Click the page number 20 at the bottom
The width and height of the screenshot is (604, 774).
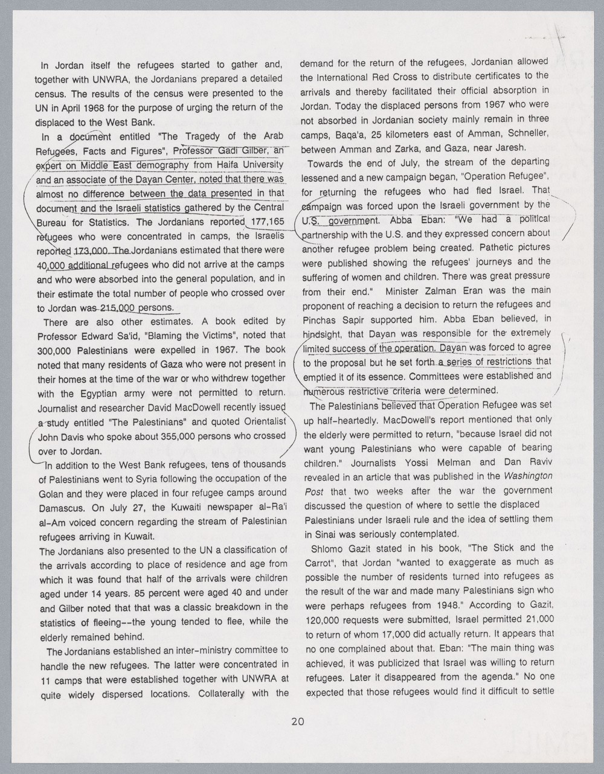coord(297,720)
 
